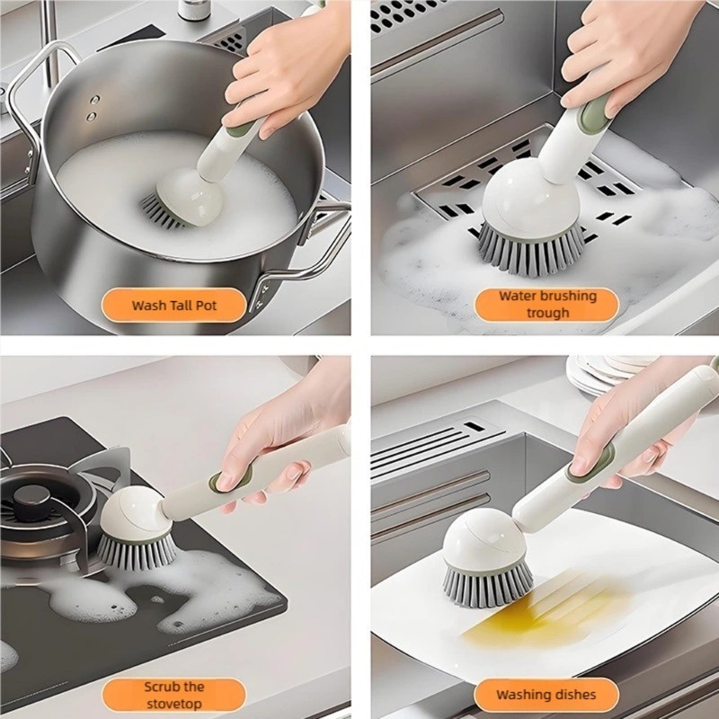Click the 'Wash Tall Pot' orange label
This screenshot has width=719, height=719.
(x=173, y=305)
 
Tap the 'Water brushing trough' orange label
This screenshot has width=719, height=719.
(x=546, y=305)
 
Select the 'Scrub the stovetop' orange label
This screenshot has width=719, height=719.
(x=173, y=695)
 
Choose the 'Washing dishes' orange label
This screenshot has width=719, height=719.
(x=546, y=695)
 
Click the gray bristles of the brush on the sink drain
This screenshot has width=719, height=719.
(x=532, y=250)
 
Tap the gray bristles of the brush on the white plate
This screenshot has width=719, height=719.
(x=487, y=586)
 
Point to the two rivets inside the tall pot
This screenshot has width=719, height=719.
(x=93, y=108)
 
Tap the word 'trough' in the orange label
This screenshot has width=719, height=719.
(x=547, y=314)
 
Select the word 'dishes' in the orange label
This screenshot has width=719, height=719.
(x=573, y=695)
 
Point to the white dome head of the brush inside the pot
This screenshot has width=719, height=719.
(x=191, y=196)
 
